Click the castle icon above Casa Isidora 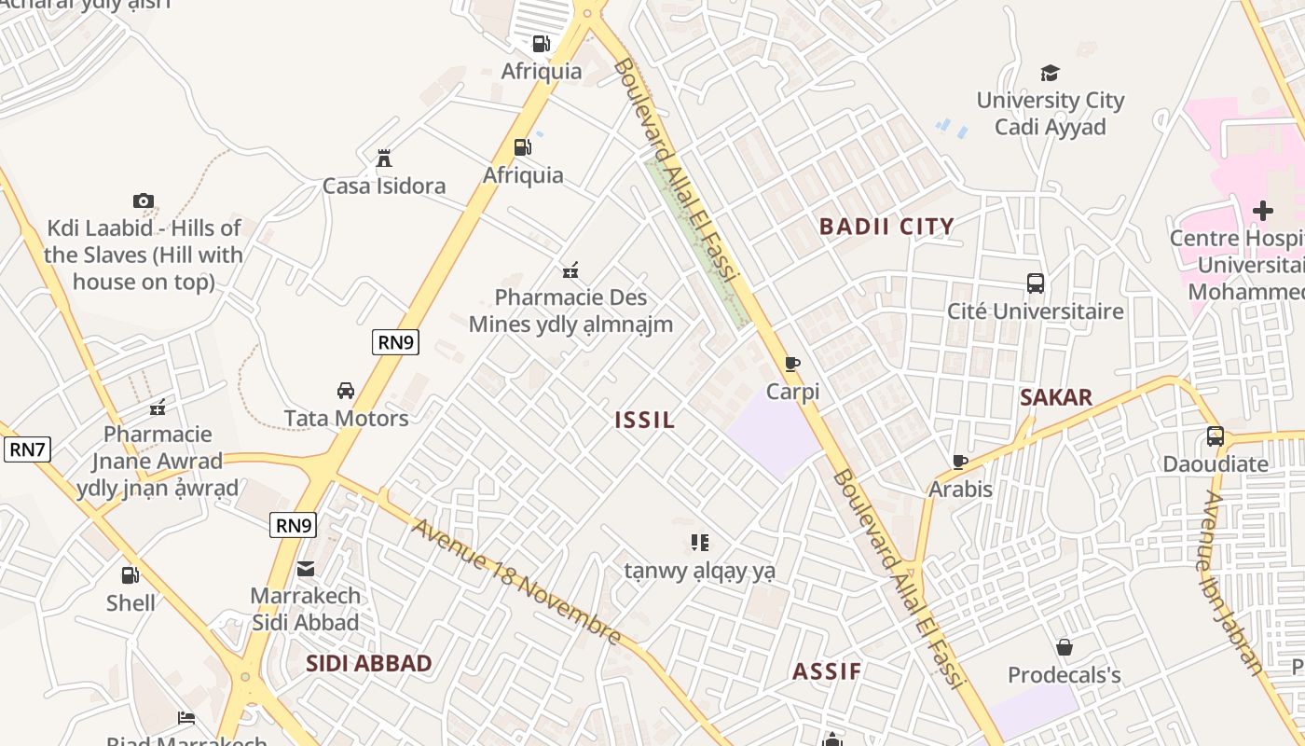coord(383,159)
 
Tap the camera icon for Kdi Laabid coord(143,200)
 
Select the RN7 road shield coord(27,449)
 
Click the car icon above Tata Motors coord(346,391)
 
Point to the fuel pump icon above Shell coord(130,575)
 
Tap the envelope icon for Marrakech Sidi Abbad coord(305,569)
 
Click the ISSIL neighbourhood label coord(645,421)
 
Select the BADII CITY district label coord(886,227)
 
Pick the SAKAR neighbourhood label coord(1055,398)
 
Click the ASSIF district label coord(827,672)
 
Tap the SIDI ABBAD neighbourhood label coord(369,664)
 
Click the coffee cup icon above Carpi coord(792,364)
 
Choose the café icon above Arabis coord(960,462)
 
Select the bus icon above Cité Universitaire coord(1035,283)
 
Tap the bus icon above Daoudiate coord(1215,435)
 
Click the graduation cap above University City coord(1051,73)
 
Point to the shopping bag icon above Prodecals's coord(1064,647)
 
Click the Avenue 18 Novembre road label coord(516,582)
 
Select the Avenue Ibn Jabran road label coord(1232,583)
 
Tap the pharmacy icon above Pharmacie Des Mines coord(570,270)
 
